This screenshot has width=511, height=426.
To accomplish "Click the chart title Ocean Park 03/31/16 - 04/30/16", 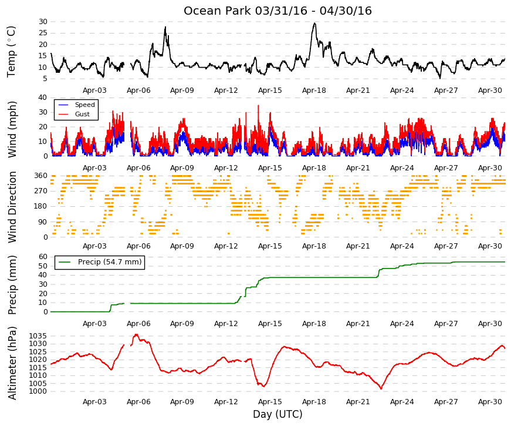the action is click(278, 11).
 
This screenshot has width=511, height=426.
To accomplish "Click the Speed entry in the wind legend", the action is click(84, 105).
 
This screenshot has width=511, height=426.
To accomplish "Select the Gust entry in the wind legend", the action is click(82, 114).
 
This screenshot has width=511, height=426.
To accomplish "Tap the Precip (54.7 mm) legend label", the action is click(110, 262).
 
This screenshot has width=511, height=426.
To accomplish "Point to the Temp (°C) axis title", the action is click(11, 52).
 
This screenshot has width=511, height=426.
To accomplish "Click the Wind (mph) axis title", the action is click(12, 130).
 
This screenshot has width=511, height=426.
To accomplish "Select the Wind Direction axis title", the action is click(12, 207).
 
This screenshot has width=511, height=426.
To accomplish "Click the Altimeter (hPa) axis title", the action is click(12, 363).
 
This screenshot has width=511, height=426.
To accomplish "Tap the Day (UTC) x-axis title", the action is click(278, 414).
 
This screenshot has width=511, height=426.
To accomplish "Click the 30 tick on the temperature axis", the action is click(43, 22).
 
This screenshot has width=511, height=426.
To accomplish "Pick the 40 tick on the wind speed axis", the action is click(43, 98).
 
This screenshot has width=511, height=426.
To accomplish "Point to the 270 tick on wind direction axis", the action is click(40, 191).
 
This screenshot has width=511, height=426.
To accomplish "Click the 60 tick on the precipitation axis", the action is click(43, 257).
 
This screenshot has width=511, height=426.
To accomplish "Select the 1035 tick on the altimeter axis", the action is click(38, 336).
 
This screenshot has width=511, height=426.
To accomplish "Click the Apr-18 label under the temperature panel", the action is click(314, 90).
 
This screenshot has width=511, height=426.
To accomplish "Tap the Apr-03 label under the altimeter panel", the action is click(94, 402).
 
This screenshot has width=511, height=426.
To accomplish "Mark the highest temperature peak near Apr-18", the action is click(314, 23).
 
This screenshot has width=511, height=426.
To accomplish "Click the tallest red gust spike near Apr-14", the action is click(258, 105).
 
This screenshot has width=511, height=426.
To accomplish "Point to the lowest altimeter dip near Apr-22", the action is click(381, 388).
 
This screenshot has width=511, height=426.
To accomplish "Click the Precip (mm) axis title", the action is click(12, 285).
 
